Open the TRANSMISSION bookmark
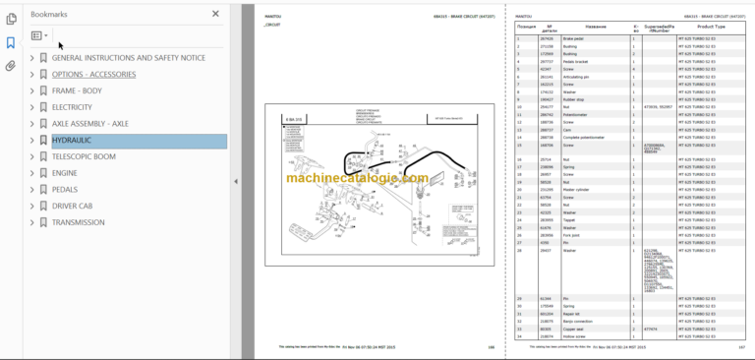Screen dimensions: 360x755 pos(79,222)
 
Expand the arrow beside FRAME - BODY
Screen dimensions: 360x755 pos(32,90)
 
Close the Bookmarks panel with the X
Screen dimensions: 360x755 pos(216,15)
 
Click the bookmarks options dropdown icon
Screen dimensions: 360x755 pos(39,35)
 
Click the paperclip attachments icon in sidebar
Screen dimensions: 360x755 pos(10,67)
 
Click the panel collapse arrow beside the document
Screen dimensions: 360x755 pos(236,181)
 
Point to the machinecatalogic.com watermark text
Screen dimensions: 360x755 pos(357,178)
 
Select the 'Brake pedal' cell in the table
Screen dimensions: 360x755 pos(577,38)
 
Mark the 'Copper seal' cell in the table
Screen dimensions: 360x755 pos(576,329)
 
